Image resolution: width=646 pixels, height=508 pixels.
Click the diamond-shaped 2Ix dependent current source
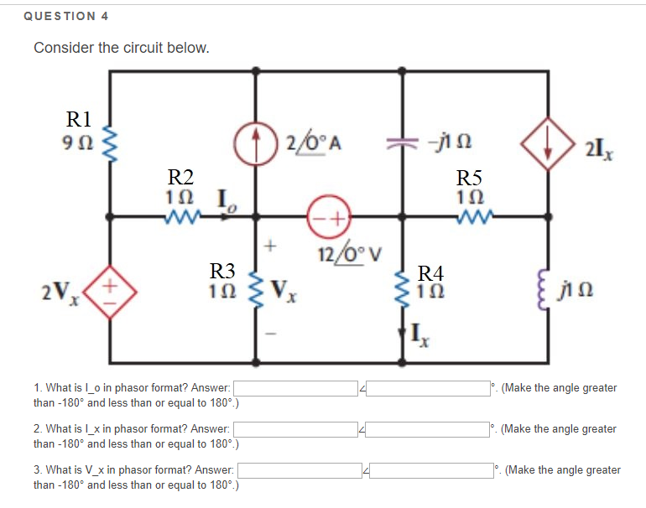(x=550, y=141)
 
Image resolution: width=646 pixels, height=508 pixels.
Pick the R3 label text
(x=222, y=271)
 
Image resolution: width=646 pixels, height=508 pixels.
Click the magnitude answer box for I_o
(x=295, y=389)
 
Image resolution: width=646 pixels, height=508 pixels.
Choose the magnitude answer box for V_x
(x=300, y=470)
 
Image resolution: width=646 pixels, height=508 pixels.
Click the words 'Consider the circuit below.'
(x=121, y=48)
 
